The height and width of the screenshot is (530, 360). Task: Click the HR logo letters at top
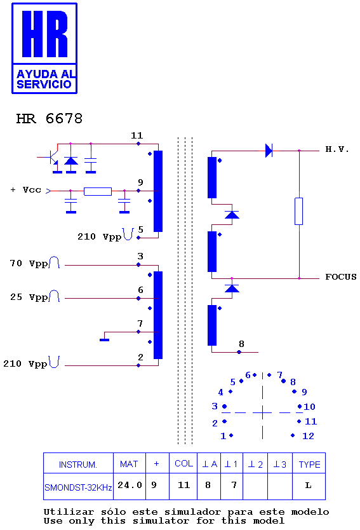pos(44,34)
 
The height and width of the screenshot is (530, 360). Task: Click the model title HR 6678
pos(50,119)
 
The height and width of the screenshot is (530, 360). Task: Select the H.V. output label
pos(337,149)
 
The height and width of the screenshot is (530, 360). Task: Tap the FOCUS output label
pos(341,277)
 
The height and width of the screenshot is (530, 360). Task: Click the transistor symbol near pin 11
pos(53,158)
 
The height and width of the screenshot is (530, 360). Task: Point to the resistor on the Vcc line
pos(98,191)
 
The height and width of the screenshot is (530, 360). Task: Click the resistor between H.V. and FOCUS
pos(299,211)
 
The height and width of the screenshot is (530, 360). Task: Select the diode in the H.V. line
pos(269,151)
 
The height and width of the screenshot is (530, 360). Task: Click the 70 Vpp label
pos(29,263)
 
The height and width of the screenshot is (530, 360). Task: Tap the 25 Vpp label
pos(29,297)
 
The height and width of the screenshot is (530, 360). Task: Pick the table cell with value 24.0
pos(130,486)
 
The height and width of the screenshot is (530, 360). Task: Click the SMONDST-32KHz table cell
pos(78,486)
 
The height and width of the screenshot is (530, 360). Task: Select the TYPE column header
pos(309,465)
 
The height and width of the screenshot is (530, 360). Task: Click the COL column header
pos(183,464)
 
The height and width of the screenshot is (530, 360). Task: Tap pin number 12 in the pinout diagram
pos(308,436)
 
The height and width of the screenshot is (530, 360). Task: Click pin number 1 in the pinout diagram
pos(223,436)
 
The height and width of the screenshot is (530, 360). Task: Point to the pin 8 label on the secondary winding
pos(241,344)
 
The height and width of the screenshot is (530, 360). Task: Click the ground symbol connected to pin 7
pos(104,340)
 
